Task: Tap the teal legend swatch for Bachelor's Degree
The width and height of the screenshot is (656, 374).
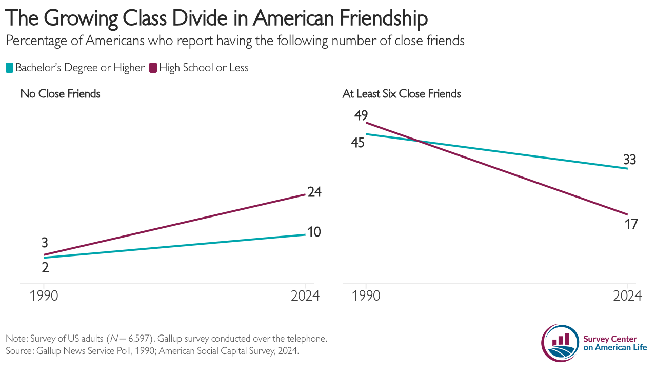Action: pos(9,68)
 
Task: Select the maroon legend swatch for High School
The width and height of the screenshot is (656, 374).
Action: pos(153,68)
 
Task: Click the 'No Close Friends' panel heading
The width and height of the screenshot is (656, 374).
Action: pos(60,94)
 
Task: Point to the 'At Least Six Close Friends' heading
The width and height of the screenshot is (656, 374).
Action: pos(402,94)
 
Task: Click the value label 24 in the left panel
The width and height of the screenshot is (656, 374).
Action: pos(314,192)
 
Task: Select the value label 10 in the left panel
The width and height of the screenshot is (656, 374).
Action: pos(314,232)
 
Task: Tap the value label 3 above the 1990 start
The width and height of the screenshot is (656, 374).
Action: pos(45,243)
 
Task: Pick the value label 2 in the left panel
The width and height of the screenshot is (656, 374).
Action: pos(45,267)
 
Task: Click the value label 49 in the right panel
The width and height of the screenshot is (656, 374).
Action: pos(361,115)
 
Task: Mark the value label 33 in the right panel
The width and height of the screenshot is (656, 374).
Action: pos(629,160)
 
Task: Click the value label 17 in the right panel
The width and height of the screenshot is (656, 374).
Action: pos(630,224)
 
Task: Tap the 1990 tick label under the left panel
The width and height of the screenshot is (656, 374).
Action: pos(44,296)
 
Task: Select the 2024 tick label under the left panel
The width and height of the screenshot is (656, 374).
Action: pos(305,296)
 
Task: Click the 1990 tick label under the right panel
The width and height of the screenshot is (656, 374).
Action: pos(366,296)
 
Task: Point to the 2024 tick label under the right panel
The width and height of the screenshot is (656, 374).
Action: pos(627,296)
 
